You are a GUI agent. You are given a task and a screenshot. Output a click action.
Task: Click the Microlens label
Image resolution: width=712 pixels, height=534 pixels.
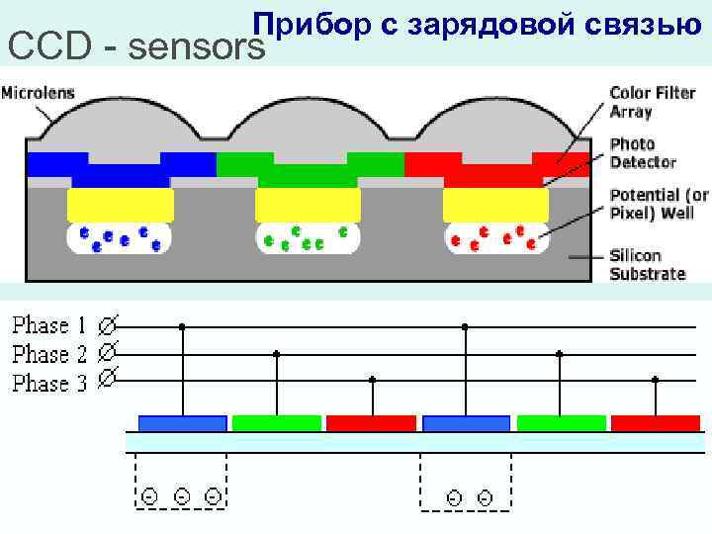[39, 94]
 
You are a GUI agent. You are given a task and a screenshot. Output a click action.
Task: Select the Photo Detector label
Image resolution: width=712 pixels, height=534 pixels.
[643, 152]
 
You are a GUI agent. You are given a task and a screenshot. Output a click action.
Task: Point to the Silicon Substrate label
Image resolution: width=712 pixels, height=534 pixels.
[647, 264]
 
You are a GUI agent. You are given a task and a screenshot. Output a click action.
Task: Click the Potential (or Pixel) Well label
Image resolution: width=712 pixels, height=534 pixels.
[658, 204]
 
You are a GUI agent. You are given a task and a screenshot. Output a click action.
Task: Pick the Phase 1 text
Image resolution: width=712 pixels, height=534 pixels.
[49, 324]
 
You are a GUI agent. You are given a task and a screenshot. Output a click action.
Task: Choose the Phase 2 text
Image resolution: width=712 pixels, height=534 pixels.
[49, 353]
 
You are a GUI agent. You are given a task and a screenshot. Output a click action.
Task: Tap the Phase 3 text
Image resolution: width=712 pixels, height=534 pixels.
[49, 382]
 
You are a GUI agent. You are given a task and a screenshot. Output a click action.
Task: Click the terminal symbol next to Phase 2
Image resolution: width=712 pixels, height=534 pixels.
[108, 351]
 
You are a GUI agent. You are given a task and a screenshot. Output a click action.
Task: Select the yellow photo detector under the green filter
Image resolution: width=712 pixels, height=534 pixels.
[308, 205]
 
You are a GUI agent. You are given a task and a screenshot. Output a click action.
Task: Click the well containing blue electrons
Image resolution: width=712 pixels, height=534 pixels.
[120, 238]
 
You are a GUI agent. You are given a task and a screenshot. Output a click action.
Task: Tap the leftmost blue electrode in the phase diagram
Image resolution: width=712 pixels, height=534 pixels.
[182, 423]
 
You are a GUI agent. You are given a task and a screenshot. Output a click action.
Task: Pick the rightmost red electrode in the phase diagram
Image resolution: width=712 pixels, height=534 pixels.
[656, 423]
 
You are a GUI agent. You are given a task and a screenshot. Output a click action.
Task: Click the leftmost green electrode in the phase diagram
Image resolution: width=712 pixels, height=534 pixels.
[277, 423]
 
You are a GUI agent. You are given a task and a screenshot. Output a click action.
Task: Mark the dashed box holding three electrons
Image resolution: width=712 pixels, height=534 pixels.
[181, 483]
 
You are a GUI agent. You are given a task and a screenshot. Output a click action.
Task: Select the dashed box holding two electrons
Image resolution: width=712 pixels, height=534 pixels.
[466, 483]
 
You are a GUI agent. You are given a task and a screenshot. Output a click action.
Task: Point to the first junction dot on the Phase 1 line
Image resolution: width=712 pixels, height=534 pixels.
[182, 325]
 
